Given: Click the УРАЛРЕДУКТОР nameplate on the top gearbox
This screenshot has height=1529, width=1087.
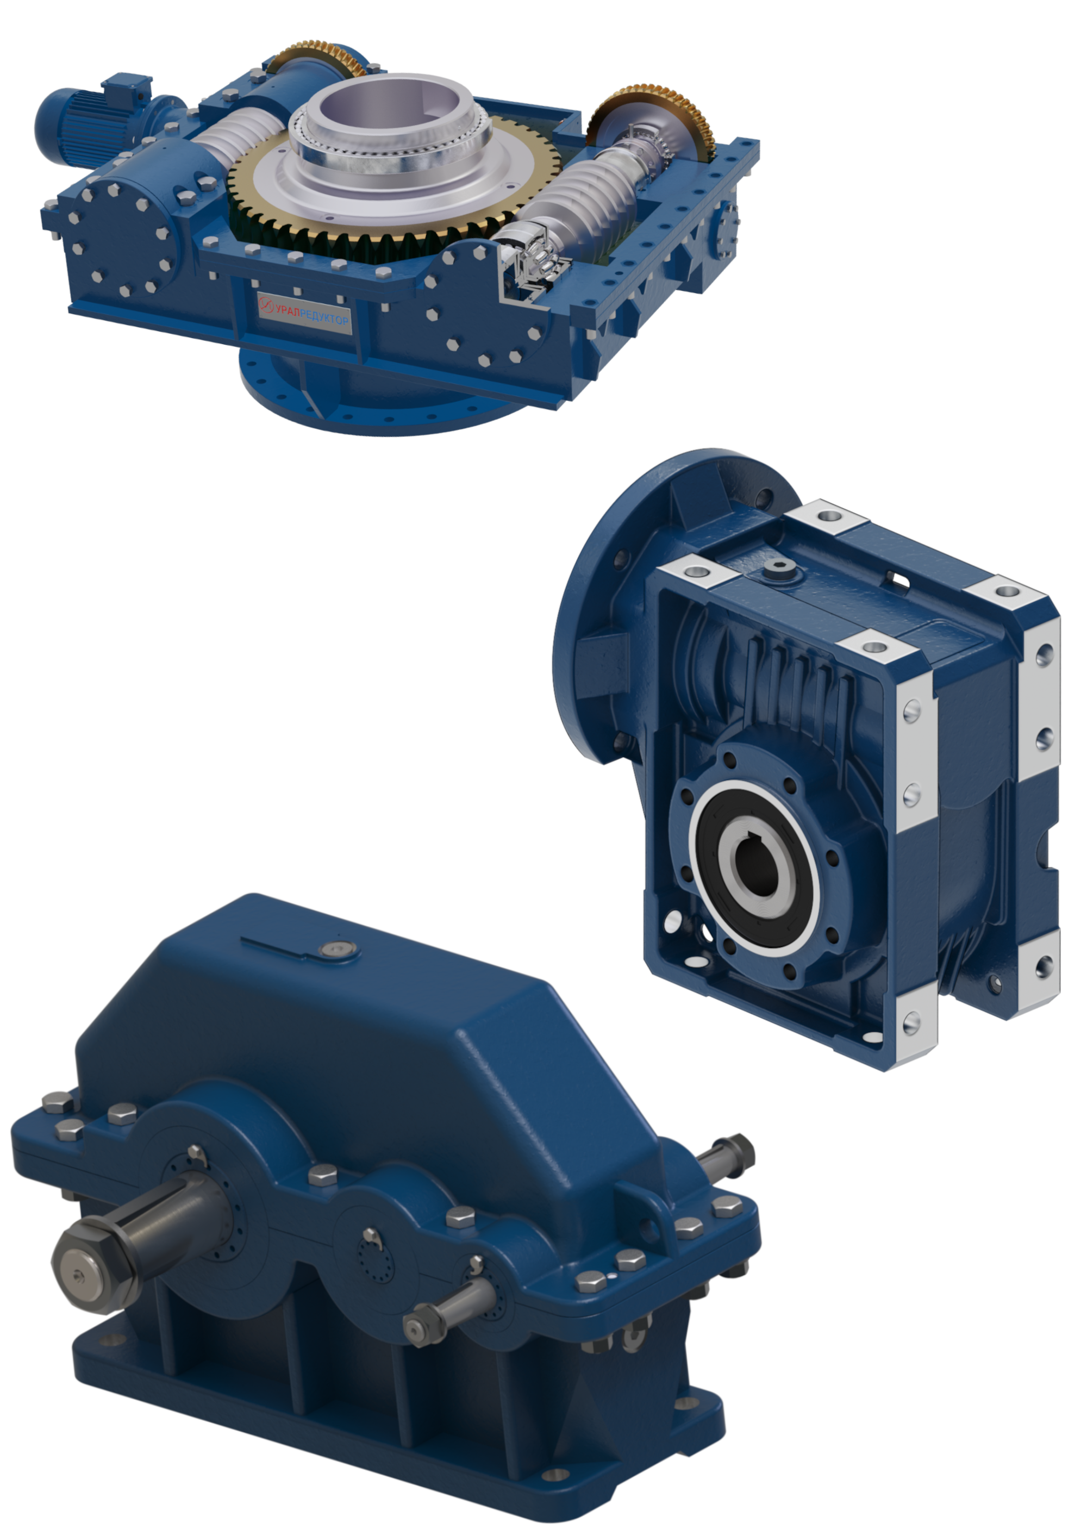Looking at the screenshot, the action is [x=304, y=311].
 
